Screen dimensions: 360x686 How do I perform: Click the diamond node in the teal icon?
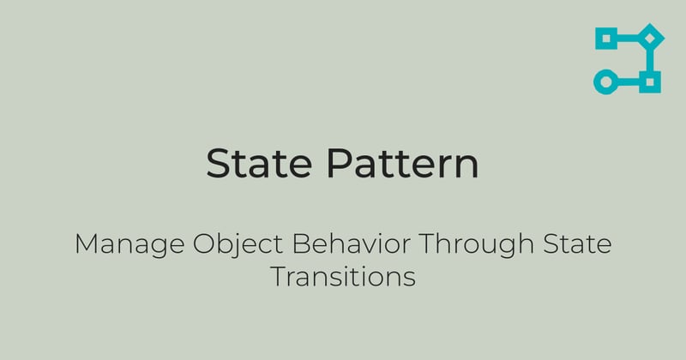[653, 38]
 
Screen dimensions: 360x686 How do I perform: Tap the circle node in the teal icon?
[606, 82]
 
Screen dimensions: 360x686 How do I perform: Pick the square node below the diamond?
[653, 82]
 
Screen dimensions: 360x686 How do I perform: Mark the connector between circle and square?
[629, 82]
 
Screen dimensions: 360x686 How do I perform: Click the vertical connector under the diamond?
[653, 60]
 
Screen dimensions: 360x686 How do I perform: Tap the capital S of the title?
[219, 163]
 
